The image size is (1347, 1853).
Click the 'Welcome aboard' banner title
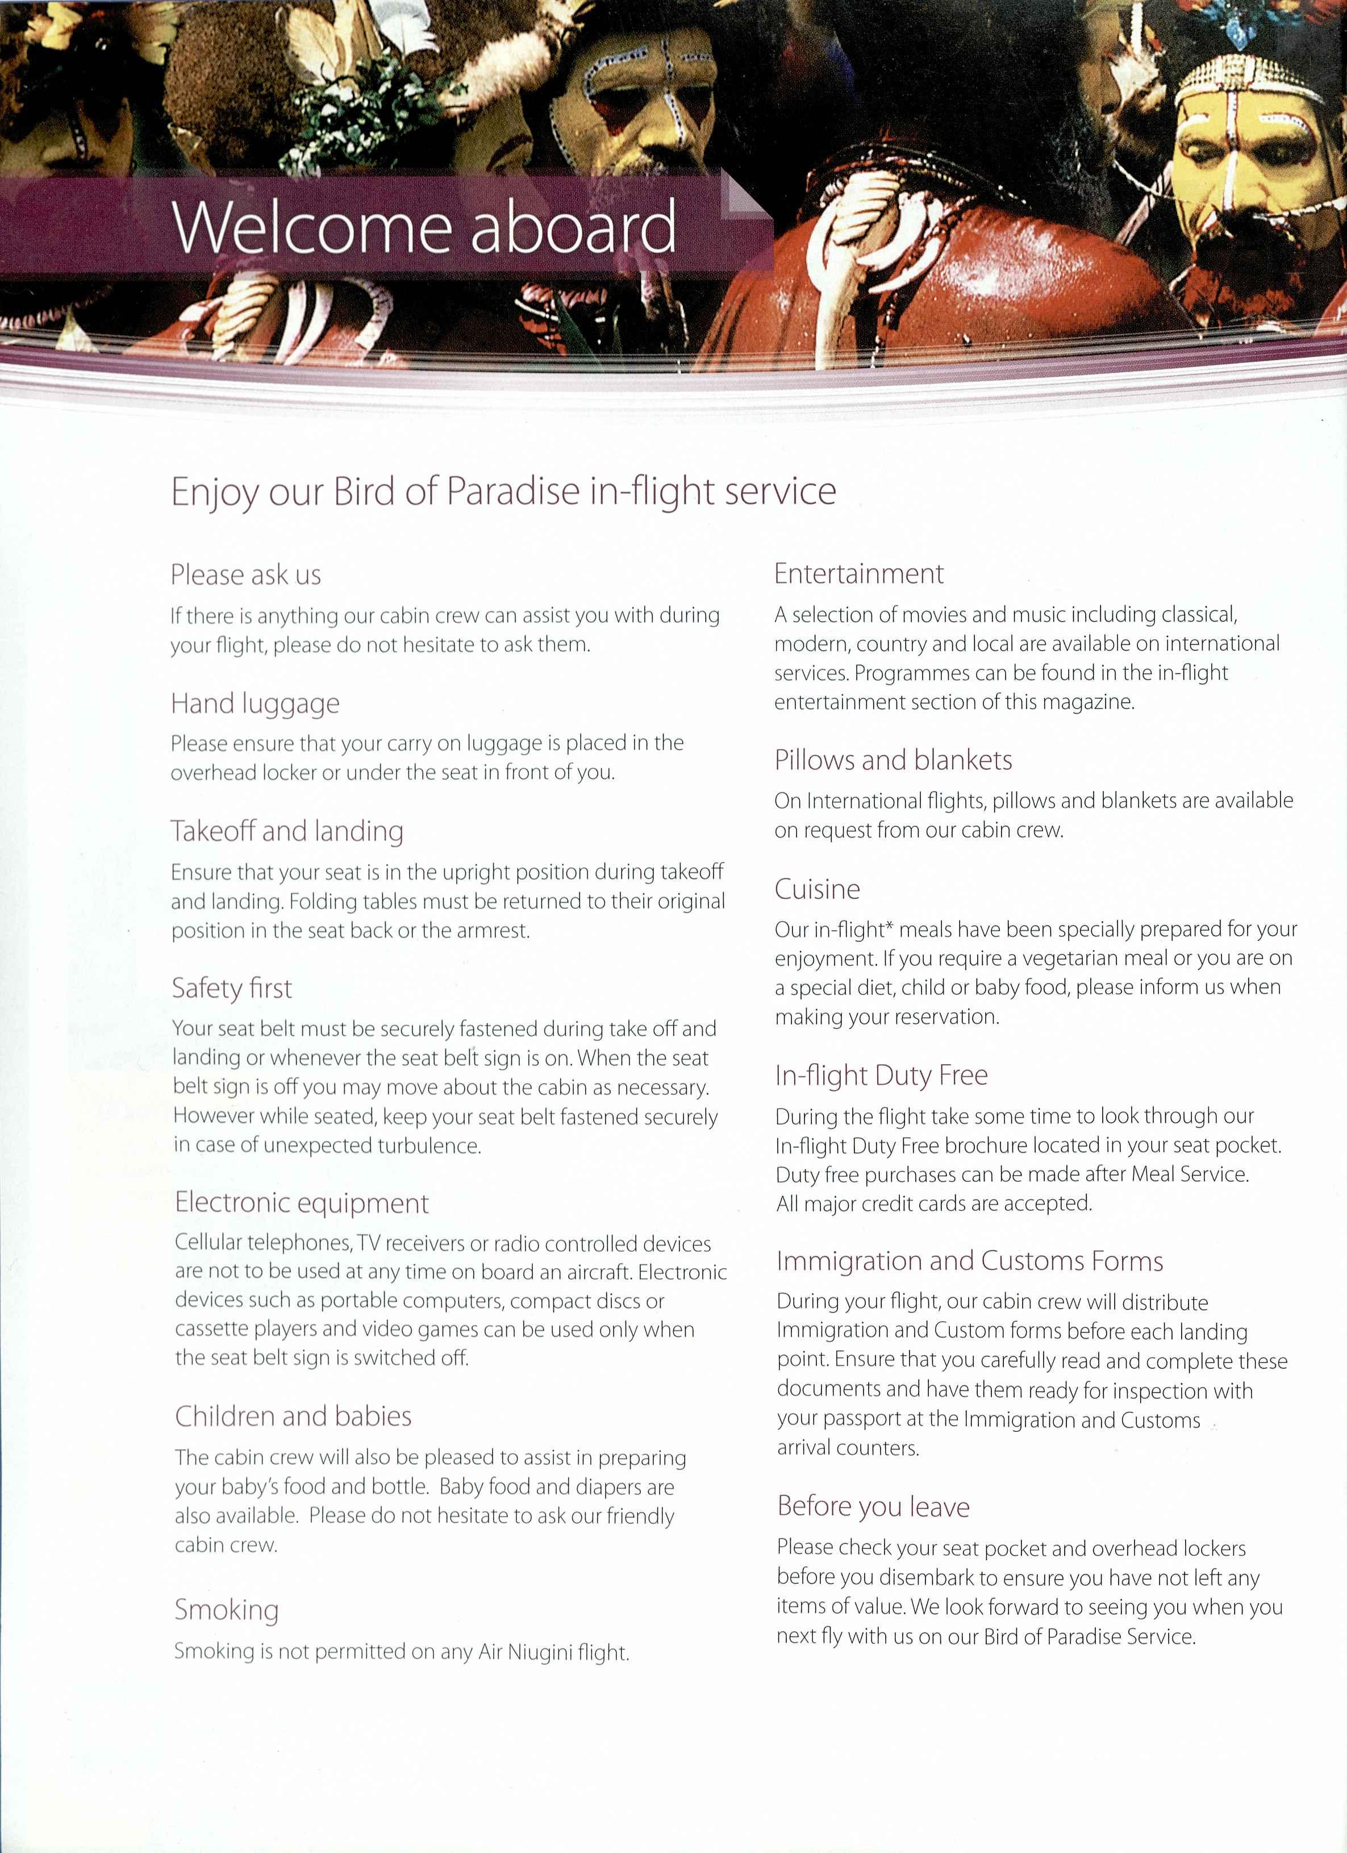[x=424, y=226]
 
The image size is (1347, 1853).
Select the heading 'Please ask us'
[x=245, y=575]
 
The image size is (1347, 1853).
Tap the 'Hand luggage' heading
[x=255, y=703]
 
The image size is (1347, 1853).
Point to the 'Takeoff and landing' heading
[x=287, y=832]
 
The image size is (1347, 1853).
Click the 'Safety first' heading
[x=231, y=989]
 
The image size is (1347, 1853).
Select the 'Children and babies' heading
[x=293, y=1416]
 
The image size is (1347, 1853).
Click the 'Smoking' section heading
[x=226, y=1610]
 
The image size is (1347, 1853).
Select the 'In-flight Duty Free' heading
[x=881, y=1075]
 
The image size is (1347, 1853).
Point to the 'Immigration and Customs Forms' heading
[x=970, y=1261]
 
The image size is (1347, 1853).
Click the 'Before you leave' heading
[x=873, y=1506]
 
